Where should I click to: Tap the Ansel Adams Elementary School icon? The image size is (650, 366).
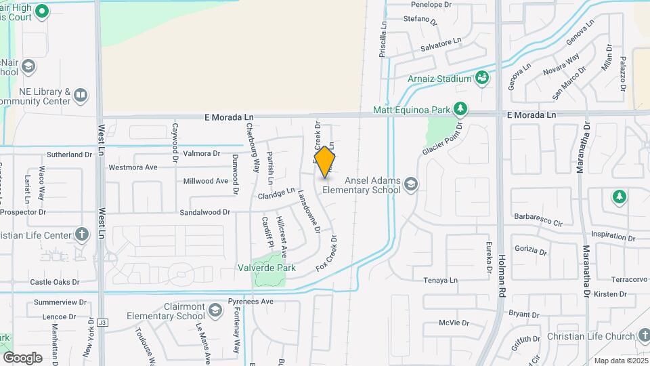coord(410,184)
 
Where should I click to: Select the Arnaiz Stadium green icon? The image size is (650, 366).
coord(481,79)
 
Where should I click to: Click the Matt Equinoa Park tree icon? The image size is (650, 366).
coord(460,109)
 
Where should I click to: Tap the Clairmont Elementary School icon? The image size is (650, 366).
coord(215,310)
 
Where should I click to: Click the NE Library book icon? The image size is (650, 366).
coord(81,96)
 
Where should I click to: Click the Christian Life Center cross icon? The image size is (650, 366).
coord(82,235)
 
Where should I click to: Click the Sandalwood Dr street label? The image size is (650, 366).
coord(205,212)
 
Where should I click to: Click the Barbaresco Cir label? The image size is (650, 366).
coord(539,222)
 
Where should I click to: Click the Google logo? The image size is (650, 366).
coord(22,357)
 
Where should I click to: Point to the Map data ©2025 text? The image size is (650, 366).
coord(620,361)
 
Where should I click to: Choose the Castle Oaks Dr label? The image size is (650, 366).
coord(55,282)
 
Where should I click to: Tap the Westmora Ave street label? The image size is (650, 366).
coord(133,167)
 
